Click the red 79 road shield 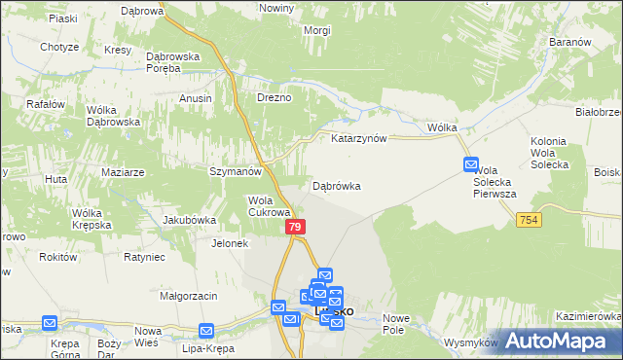(297, 227)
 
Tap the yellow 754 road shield (529, 221)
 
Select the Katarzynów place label (359, 138)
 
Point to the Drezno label (274, 98)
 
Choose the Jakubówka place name (189, 220)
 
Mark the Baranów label (570, 44)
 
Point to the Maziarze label (123, 172)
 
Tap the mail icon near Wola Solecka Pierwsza (471, 165)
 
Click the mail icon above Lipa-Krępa (206, 331)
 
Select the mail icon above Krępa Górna (50, 324)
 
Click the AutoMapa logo (562, 340)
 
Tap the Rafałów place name (46, 105)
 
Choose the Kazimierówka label (588, 317)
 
